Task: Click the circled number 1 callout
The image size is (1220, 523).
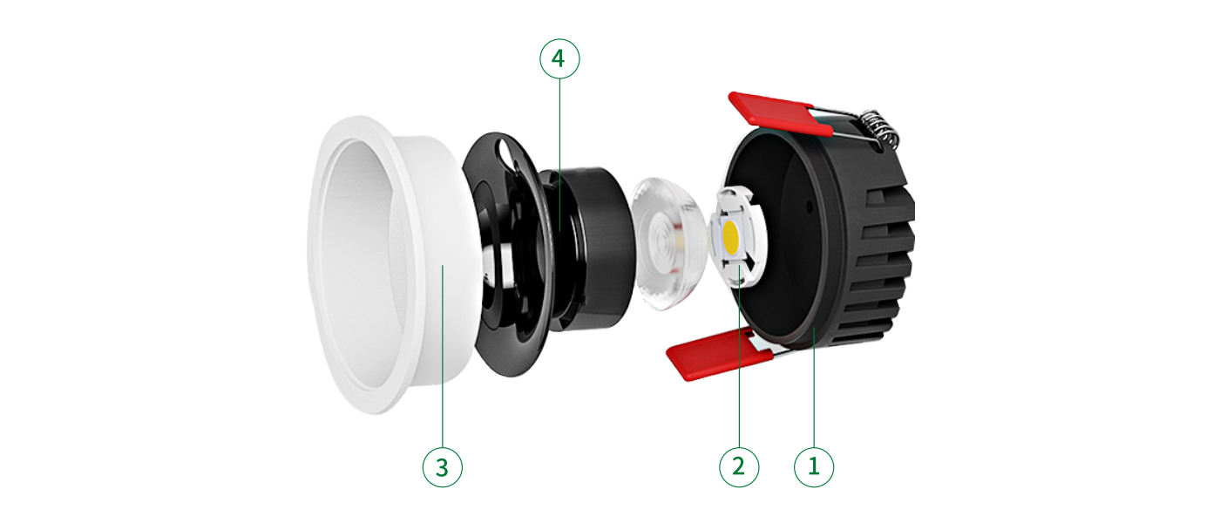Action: pyautogui.click(x=814, y=467)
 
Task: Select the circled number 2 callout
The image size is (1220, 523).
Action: pyautogui.click(x=739, y=467)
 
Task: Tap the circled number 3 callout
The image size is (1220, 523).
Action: pyautogui.click(x=443, y=467)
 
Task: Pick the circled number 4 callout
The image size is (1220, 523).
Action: pyautogui.click(x=559, y=59)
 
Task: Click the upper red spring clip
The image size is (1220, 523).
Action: pyautogui.click(x=779, y=113)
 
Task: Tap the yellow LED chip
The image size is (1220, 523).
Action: pyautogui.click(x=731, y=234)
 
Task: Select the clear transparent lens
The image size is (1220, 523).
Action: pyautogui.click(x=668, y=242)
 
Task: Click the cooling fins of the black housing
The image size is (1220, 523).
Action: pyautogui.click(x=882, y=261)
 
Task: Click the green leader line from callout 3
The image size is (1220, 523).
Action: pyautogui.click(x=443, y=356)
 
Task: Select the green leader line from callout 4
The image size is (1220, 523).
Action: pyautogui.click(x=559, y=155)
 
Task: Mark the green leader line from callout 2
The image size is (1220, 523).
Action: pyautogui.click(x=739, y=357)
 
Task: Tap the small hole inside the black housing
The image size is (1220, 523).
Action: pyautogui.click(x=810, y=207)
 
